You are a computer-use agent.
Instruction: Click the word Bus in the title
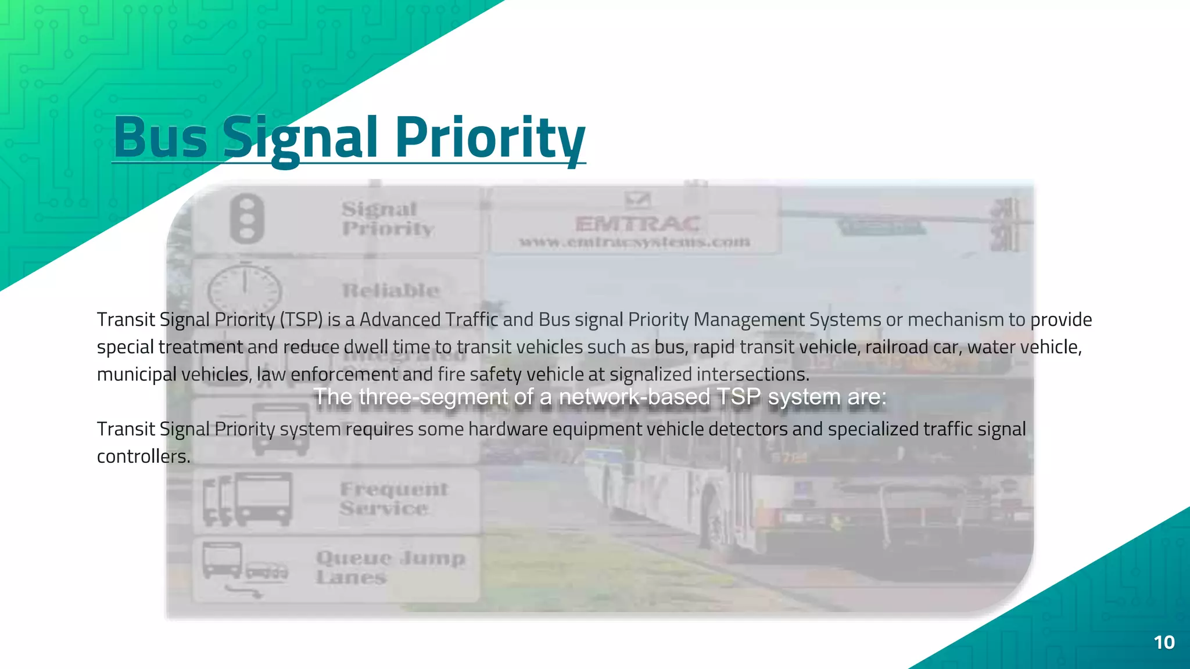160,138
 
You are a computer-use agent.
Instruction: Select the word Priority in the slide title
489,138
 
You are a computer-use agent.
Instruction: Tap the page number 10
1164,642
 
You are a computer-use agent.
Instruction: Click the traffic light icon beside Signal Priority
247,219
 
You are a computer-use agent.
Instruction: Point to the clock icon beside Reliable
245,289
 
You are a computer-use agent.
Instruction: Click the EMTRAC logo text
637,224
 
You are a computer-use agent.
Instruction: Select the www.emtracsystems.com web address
635,242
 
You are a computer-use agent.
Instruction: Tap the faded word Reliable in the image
390,290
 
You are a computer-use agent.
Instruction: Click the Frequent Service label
393,499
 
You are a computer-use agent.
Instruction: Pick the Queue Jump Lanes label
390,567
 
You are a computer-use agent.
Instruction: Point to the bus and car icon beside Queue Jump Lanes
244,568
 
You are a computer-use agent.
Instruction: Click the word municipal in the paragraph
136,374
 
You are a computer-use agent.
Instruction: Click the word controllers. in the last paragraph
144,456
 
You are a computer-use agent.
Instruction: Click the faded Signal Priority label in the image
387,218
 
